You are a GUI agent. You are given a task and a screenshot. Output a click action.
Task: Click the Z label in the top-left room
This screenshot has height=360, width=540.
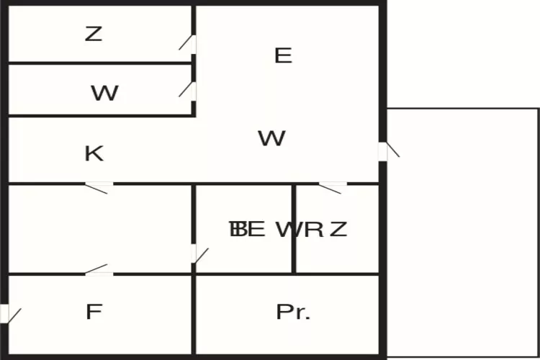click(94, 33)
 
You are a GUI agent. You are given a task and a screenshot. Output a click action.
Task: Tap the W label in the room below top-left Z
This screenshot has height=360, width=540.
click(104, 93)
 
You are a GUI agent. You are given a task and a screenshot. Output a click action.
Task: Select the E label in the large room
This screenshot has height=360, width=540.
click(283, 55)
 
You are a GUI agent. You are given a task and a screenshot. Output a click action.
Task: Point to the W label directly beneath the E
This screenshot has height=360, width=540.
click(271, 138)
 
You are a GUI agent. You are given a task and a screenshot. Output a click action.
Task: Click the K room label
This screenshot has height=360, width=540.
click(94, 153)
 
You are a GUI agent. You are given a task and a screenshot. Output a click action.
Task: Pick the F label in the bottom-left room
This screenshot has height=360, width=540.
click(94, 312)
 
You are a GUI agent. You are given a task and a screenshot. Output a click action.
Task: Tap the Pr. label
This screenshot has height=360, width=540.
click(293, 312)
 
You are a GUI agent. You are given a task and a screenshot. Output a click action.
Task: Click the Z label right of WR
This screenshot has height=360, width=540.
click(338, 230)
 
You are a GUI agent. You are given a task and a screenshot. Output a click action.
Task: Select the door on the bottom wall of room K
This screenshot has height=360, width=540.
click(99, 187)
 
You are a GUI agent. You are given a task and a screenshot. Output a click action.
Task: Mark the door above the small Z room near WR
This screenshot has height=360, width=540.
click(332, 187)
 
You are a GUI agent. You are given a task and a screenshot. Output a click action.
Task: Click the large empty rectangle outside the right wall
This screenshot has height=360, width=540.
click(463, 230)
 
